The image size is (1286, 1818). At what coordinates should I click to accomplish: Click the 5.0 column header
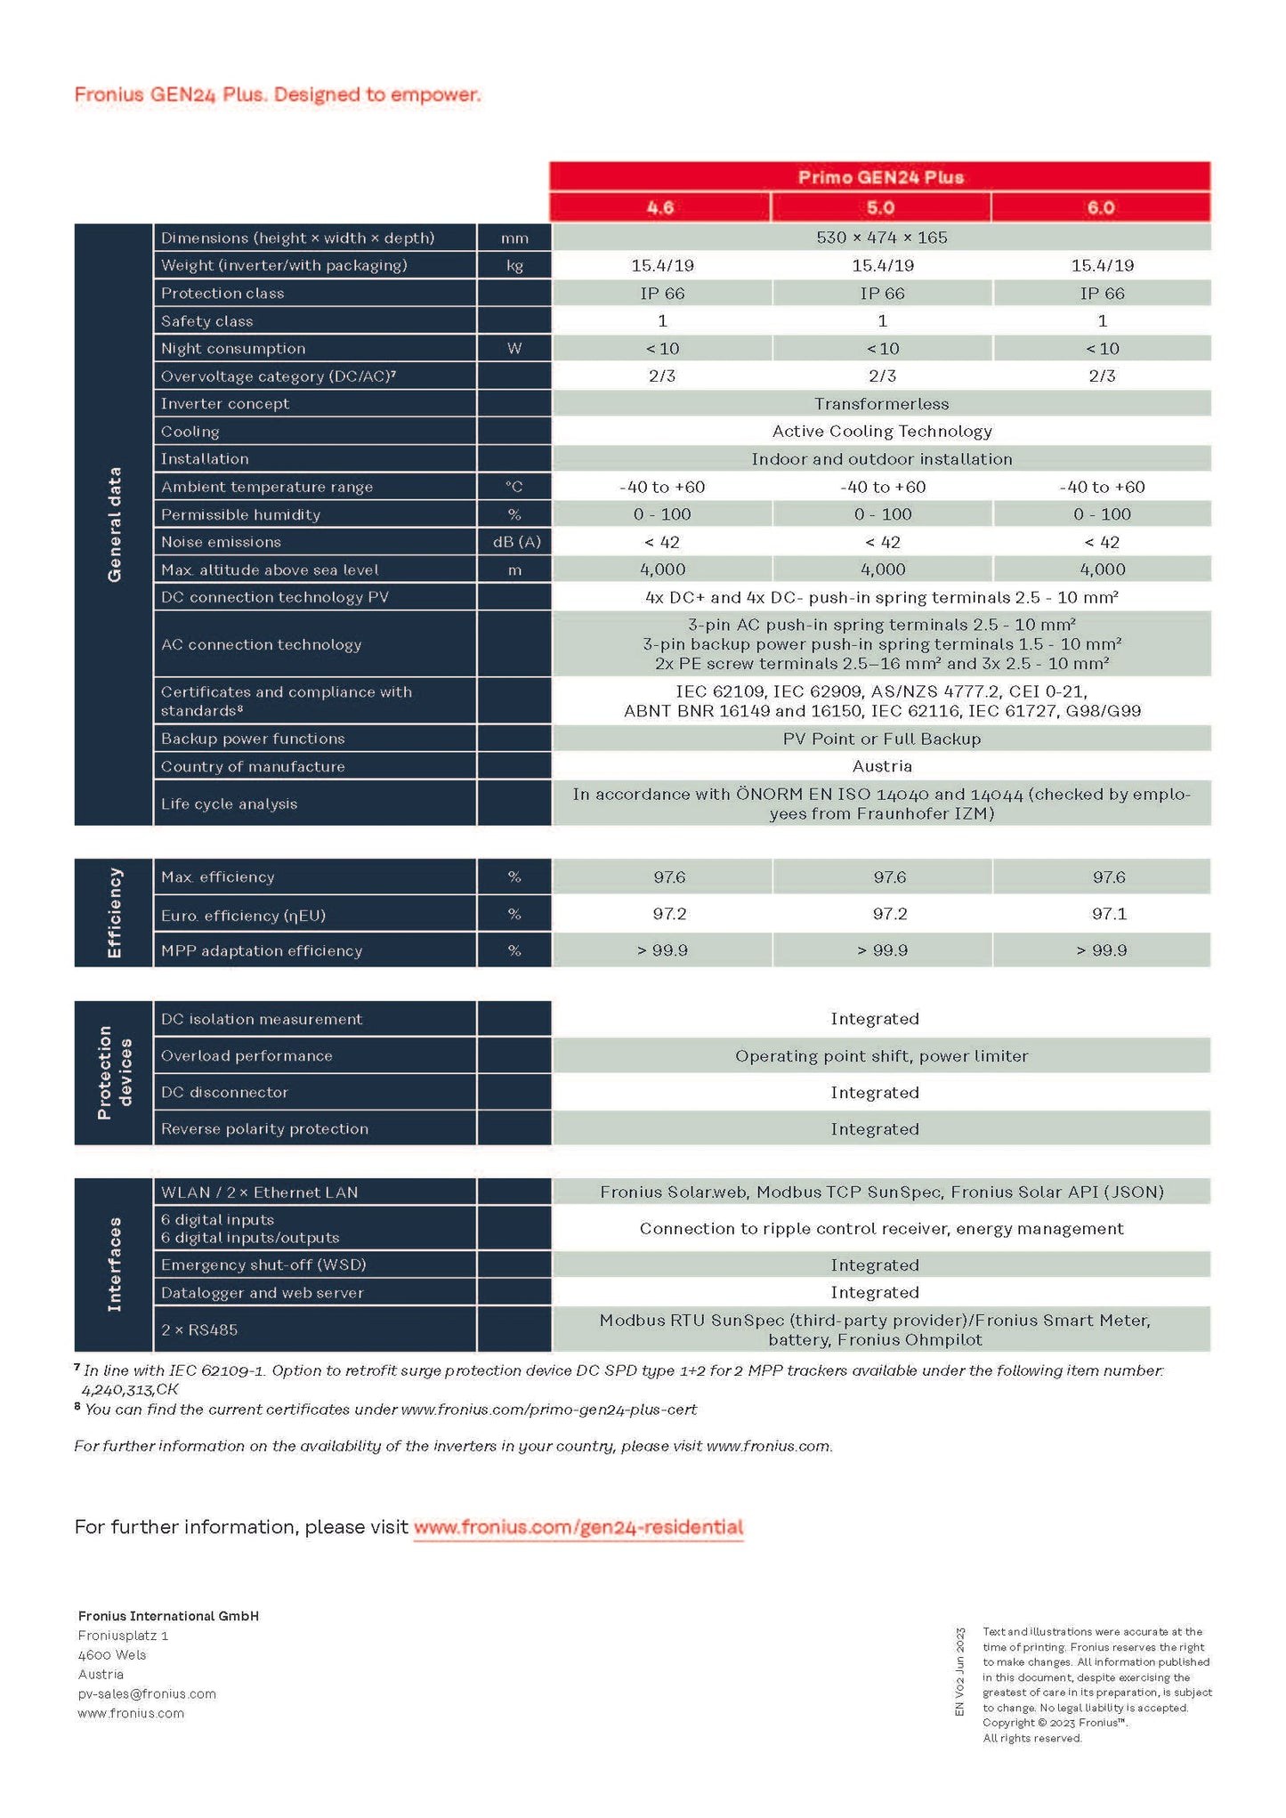pos(880,207)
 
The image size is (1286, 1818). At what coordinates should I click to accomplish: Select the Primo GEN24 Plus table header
pos(880,176)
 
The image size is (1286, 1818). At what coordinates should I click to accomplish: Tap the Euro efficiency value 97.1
pos(1109,914)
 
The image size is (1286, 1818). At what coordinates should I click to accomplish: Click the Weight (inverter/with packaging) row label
pos(284,265)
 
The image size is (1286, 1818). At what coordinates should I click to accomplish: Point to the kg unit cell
pos(514,265)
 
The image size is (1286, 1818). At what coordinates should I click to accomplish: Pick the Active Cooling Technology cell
pos(881,432)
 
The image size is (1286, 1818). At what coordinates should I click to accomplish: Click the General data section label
pos(114,524)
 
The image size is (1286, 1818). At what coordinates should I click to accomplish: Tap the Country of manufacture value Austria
pos(881,766)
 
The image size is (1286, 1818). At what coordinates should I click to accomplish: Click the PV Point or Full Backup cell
pos(881,739)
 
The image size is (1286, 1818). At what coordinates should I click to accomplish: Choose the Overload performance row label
pos(247,1056)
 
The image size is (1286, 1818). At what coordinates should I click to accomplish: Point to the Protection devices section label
pos(114,1072)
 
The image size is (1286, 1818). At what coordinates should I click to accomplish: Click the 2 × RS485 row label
pos(199,1330)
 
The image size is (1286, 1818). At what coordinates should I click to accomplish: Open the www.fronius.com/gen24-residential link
pos(578,1528)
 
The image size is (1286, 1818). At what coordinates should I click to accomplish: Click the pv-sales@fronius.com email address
pos(147,1694)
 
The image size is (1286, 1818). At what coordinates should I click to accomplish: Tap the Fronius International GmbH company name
pos(168,1616)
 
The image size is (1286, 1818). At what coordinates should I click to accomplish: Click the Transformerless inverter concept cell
pos(881,404)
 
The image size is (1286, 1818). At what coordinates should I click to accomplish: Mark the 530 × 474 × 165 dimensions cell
pos(881,238)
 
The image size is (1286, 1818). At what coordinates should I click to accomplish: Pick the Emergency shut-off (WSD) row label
pos(263,1265)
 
